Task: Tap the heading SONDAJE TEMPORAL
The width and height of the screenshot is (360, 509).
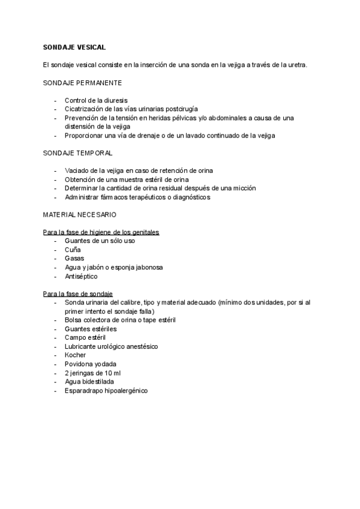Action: (x=78, y=153)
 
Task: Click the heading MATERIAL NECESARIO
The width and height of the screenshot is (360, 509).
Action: (x=80, y=214)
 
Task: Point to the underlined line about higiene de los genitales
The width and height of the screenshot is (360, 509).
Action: (x=105, y=232)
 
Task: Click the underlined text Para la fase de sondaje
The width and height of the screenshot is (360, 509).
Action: (x=78, y=294)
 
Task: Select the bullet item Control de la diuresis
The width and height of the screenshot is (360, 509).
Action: (x=96, y=100)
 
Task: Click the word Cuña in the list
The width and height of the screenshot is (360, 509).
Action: (x=73, y=250)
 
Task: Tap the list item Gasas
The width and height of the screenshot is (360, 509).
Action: (x=74, y=259)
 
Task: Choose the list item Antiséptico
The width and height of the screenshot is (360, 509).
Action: (x=81, y=277)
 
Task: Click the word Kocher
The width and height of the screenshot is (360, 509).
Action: (x=76, y=355)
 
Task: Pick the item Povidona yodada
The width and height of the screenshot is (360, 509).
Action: (x=90, y=364)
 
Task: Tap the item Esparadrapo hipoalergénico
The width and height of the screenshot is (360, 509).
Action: (x=106, y=391)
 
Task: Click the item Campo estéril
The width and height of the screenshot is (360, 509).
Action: (x=85, y=338)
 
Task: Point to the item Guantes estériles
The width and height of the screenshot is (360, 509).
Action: (x=91, y=329)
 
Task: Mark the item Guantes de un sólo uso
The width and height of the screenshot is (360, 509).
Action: (x=100, y=241)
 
